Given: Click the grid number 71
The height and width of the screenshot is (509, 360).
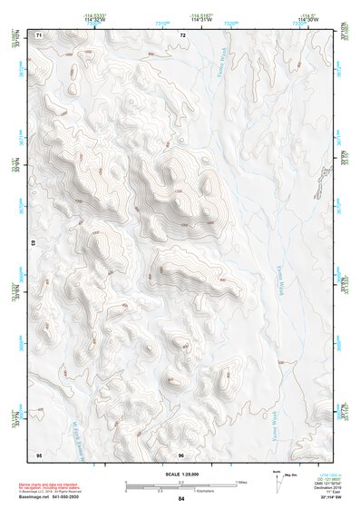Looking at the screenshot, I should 39,34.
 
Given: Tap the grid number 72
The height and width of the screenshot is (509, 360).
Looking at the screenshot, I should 182,34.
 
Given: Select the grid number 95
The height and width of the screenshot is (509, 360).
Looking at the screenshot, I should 39,454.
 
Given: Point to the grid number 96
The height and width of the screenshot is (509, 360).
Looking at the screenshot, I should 182,454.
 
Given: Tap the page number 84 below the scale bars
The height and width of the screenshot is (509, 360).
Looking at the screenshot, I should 181,499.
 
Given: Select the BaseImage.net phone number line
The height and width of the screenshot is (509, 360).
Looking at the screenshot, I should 50,499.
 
